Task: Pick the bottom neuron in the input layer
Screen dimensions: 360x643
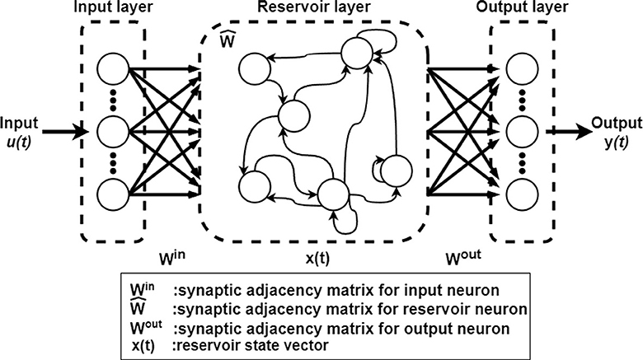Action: click(113, 194)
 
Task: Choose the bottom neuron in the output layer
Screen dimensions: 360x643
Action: click(522, 194)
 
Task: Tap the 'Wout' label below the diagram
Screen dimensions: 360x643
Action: click(452, 255)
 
